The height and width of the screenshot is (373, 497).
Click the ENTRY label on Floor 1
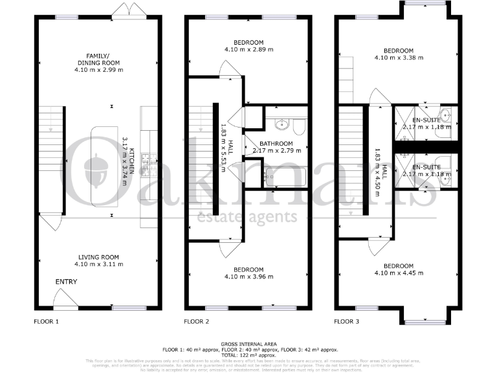coord(66,282)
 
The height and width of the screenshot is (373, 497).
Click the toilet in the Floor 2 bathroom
coord(300,125)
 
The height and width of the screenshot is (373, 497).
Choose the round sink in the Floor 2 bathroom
coord(282,124)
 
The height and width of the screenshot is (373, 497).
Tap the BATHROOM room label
coord(276,144)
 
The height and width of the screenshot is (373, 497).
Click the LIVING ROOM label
coord(97,256)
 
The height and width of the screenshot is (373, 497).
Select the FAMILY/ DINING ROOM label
coord(97,59)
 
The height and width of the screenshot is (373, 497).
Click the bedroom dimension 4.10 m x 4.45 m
coord(399,273)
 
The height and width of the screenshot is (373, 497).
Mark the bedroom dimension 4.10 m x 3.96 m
coord(248,277)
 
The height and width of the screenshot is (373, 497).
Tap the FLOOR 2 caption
coord(197,321)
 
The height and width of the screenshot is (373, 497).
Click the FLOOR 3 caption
coord(347,321)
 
